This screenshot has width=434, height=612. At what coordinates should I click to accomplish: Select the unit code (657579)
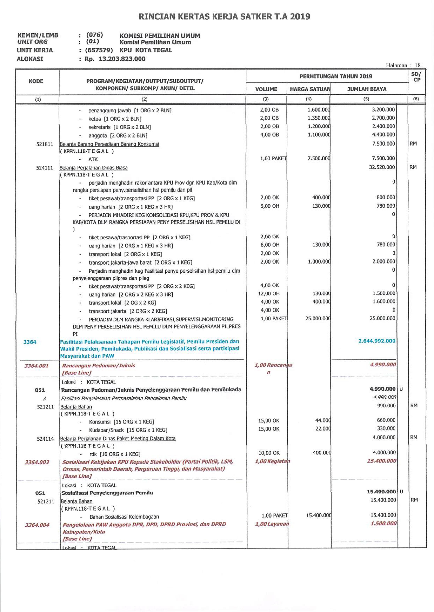pyautogui.click(x=99, y=50)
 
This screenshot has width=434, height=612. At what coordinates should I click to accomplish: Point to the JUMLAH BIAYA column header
pyautogui.click(x=367, y=89)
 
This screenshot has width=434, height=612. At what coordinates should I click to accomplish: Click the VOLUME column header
pyautogui.click(x=266, y=89)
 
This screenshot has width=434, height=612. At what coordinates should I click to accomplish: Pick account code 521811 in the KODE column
pyautogui.click(x=45, y=144)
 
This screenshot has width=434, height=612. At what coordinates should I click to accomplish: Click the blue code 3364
pyautogui.click(x=30, y=342)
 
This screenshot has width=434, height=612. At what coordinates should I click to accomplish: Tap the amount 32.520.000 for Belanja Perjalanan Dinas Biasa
pyautogui.click(x=382, y=167)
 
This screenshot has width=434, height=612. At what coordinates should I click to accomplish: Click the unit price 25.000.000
pyautogui.click(x=318, y=318)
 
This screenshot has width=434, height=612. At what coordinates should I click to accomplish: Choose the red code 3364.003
pyautogui.click(x=37, y=462)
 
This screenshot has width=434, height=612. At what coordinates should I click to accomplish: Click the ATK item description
pyautogui.click(x=93, y=159)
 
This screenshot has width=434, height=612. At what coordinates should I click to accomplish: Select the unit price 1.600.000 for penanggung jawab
pyautogui.click(x=319, y=109)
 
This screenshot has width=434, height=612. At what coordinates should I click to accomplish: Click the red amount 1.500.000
pyautogui.click(x=383, y=523)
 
